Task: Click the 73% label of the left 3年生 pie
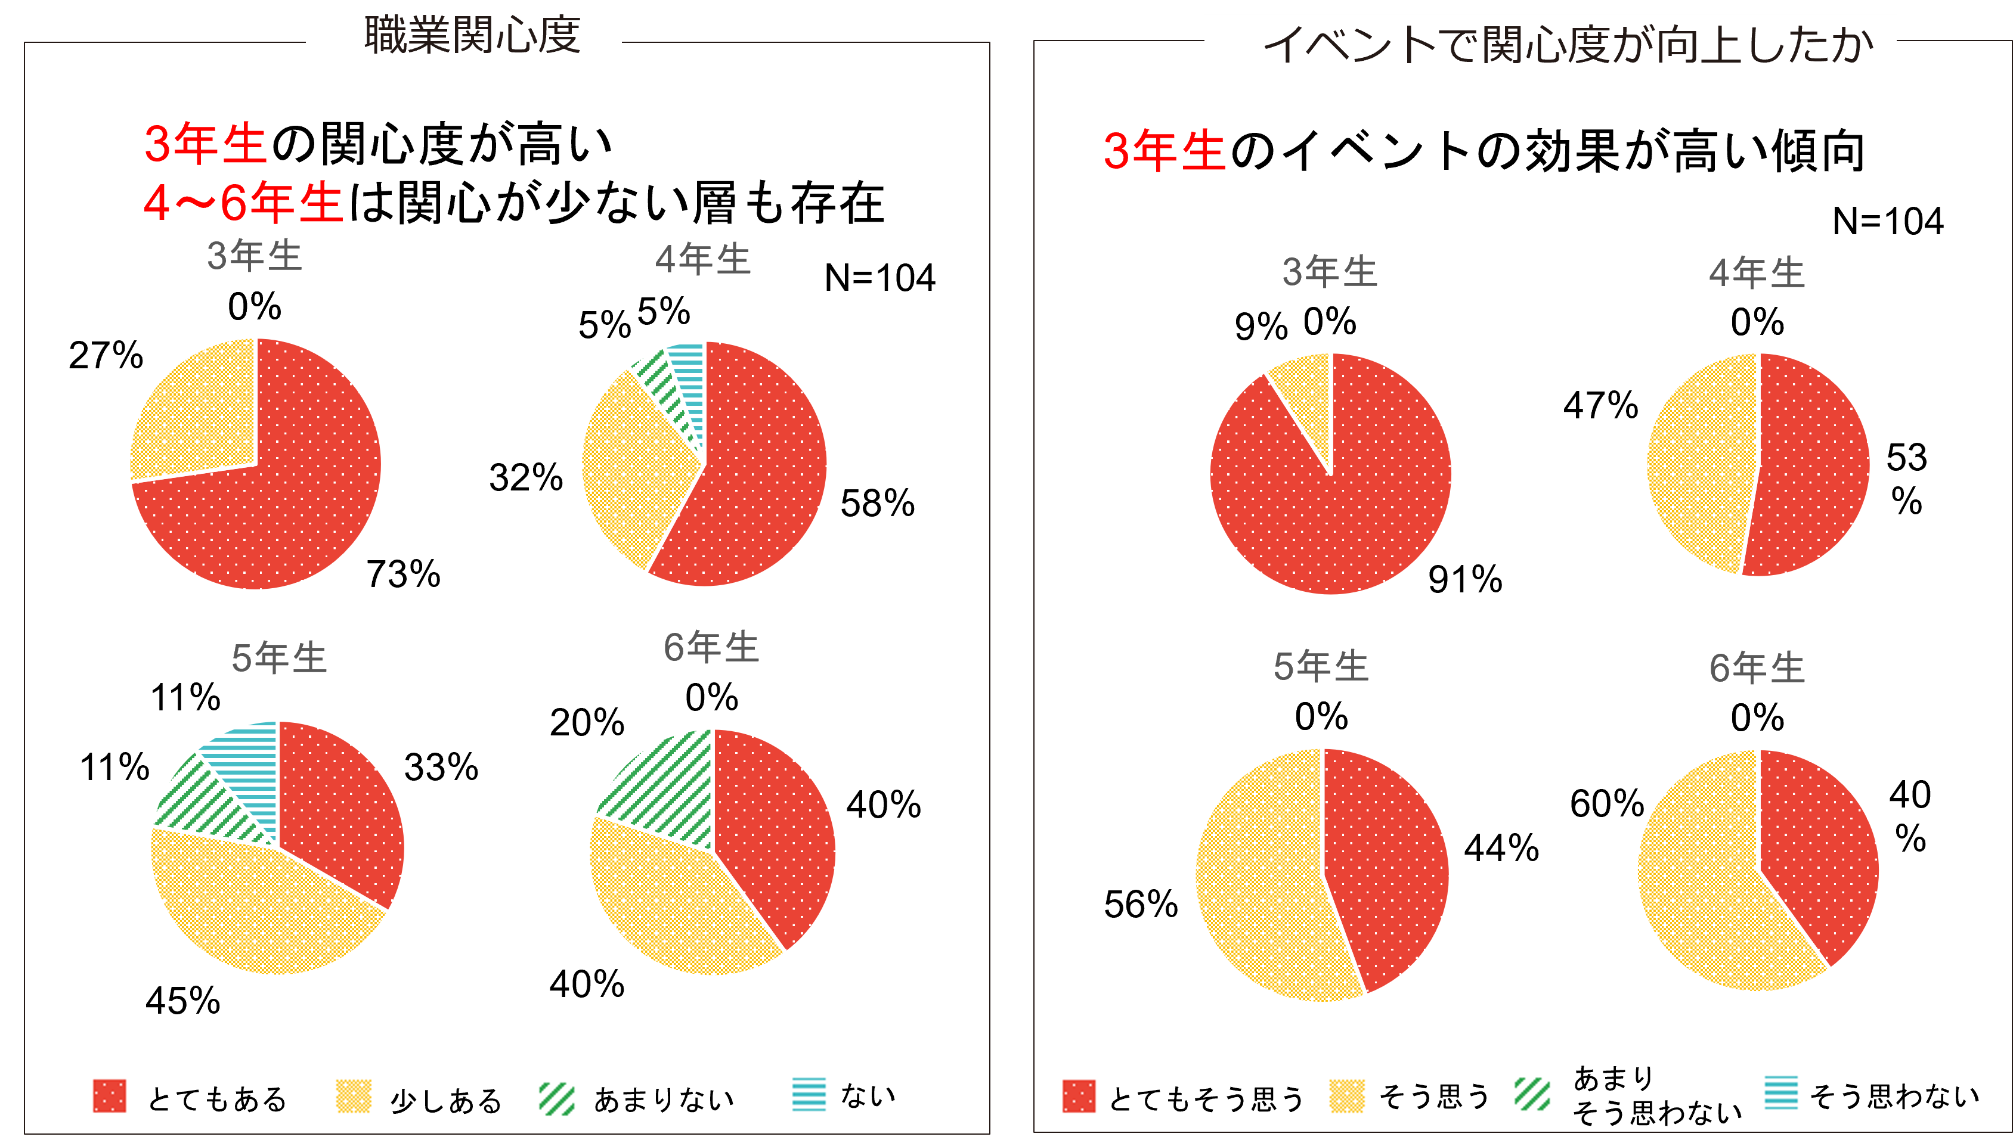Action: (x=403, y=574)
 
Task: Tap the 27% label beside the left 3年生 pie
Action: (x=106, y=355)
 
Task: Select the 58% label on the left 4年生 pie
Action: (x=877, y=503)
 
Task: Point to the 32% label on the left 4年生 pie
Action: (x=526, y=477)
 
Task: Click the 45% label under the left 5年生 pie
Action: (x=182, y=1001)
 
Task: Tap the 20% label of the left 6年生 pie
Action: (x=587, y=722)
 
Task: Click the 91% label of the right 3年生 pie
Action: (x=1465, y=579)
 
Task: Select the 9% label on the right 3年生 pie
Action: (x=1261, y=326)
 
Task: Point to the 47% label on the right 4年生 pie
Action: (x=1600, y=405)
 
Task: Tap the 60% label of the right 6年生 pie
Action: (x=1607, y=803)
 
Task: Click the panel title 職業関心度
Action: (x=472, y=35)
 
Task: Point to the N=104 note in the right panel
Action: (x=1887, y=221)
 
